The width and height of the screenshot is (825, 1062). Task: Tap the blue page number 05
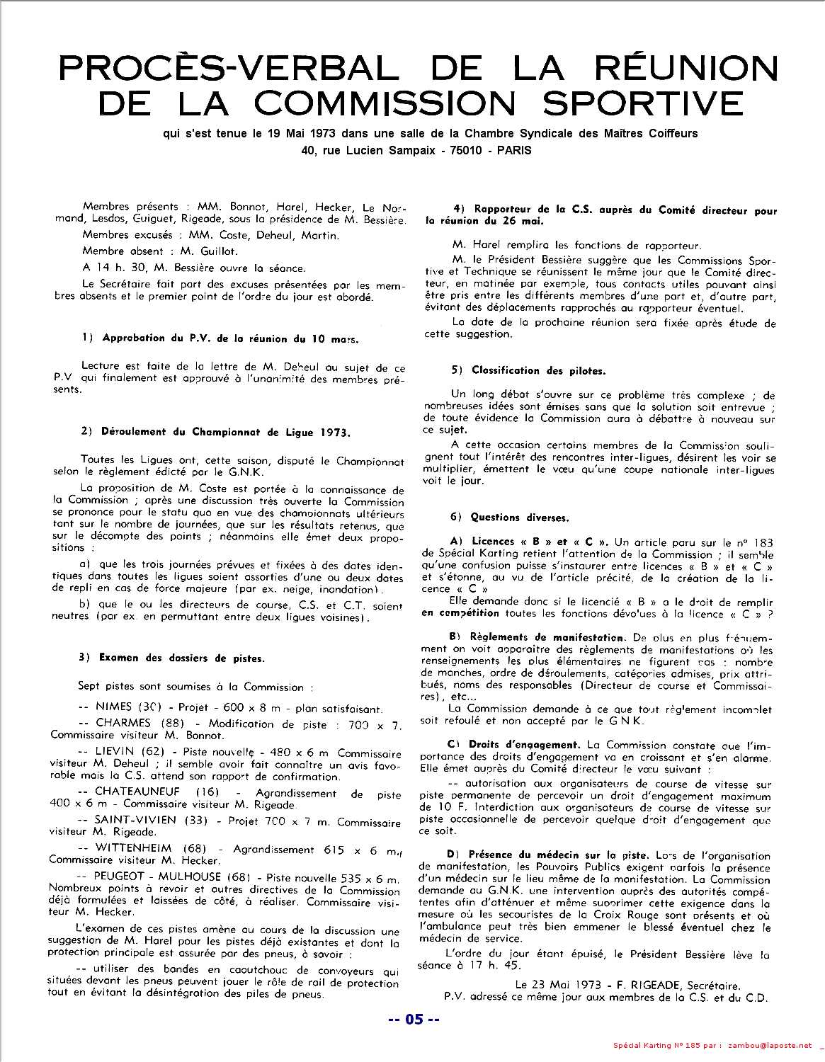pyautogui.click(x=414, y=1020)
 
